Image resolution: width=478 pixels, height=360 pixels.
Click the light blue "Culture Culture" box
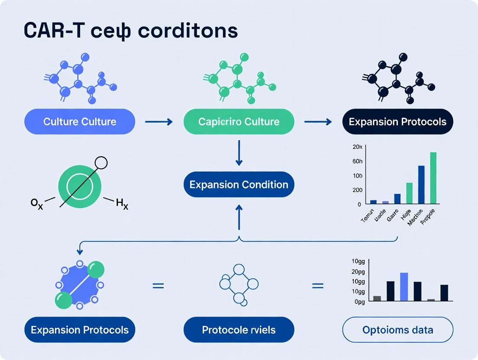point(80,122)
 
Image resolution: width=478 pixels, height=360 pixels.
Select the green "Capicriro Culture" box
point(239,122)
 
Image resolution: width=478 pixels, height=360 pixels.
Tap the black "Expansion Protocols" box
point(397,122)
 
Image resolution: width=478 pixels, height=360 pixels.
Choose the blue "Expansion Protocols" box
point(80,330)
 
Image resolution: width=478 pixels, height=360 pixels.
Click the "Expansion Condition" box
point(239,185)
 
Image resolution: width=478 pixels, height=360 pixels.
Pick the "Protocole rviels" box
point(239,330)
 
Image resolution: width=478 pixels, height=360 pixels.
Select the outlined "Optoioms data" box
point(397,330)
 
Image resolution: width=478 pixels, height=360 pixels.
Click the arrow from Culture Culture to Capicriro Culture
point(158,122)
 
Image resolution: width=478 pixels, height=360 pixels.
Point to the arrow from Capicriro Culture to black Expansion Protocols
point(318,122)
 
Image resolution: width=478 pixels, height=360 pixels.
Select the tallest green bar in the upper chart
point(433,178)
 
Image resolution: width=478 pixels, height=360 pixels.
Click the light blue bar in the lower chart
point(404,286)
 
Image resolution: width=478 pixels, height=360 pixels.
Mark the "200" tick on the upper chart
point(357,190)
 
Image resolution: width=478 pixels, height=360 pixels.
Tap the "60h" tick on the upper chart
point(357,161)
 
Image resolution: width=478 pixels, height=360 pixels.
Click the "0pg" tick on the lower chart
point(359,302)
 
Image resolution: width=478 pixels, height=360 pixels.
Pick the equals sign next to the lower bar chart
point(318,286)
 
